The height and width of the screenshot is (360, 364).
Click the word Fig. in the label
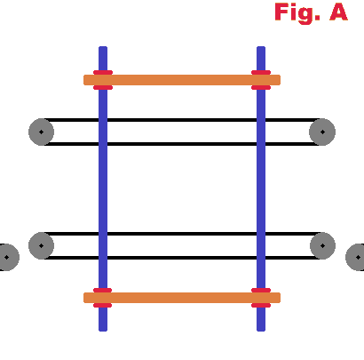click(x=297, y=13)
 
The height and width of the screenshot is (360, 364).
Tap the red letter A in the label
click(x=339, y=12)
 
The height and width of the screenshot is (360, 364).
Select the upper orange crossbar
click(x=182, y=80)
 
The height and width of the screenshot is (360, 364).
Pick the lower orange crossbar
click(x=182, y=298)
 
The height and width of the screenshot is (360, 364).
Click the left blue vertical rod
click(x=103, y=188)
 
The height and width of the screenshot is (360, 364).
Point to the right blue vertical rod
click(x=261, y=188)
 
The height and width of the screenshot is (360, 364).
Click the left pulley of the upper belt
click(x=41, y=132)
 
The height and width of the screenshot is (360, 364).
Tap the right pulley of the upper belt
click(x=322, y=132)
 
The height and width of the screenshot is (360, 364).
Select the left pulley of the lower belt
click(x=41, y=245)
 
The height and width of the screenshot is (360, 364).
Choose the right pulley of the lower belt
click(x=322, y=245)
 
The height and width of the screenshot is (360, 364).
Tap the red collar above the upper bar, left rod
click(x=103, y=73)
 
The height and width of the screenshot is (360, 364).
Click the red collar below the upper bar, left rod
click(x=103, y=87)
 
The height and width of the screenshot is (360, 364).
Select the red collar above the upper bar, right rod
click(x=261, y=73)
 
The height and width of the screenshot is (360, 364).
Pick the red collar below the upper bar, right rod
click(x=261, y=87)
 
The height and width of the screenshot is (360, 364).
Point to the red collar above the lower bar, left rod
click(x=103, y=291)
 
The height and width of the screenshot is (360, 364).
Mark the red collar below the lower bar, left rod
click(x=103, y=305)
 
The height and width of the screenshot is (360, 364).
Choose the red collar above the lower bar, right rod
click(x=261, y=291)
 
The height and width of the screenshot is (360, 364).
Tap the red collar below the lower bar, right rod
click(x=261, y=305)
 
